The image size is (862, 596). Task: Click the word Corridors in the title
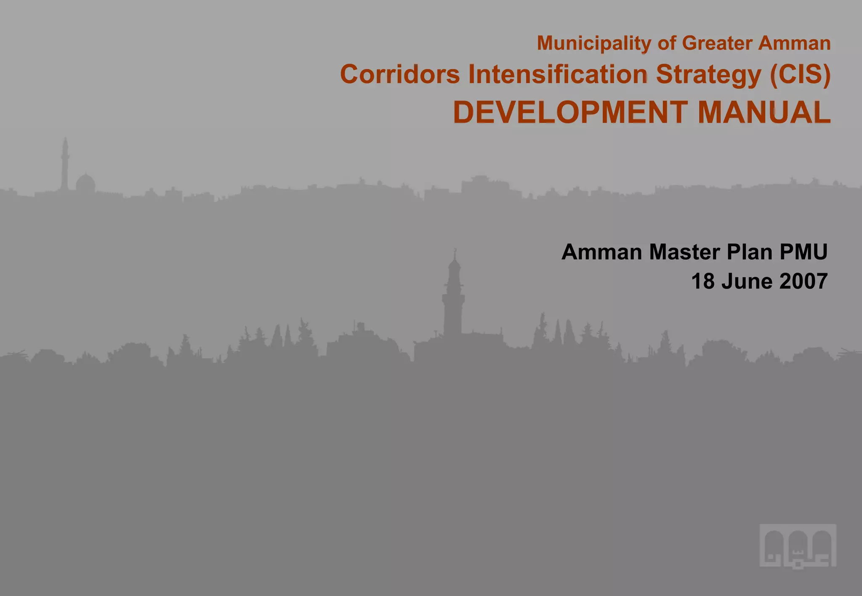pyautogui.click(x=400, y=74)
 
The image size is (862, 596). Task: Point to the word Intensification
pyautogui.click(x=558, y=74)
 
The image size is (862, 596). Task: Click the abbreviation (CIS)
pyautogui.click(x=800, y=74)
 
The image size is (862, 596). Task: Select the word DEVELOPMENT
pyautogui.click(x=570, y=112)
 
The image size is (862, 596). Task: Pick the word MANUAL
pyautogui.click(x=764, y=112)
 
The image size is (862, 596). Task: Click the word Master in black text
pyautogui.click(x=684, y=252)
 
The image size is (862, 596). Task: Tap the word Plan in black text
pyautogui.click(x=750, y=252)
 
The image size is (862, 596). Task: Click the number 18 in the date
pyautogui.click(x=703, y=281)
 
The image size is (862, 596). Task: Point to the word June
pyautogui.click(x=747, y=281)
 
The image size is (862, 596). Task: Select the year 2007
pyautogui.click(x=803, y=281)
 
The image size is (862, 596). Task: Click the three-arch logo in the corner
pyautogui.click(x=798, y=546)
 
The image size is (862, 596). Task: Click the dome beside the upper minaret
pyautogui.click(x=85, y=184)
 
